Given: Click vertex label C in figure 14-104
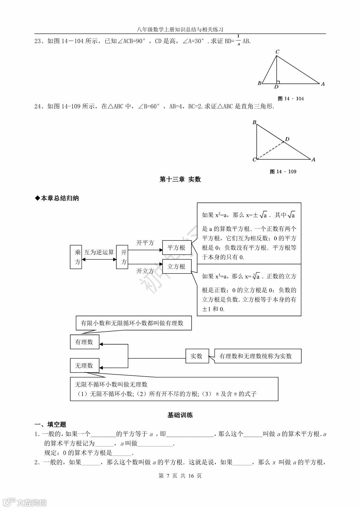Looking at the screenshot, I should (x=277, y=52).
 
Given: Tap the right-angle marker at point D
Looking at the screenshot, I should (x=278, y=82).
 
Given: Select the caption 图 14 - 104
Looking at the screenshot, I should (x=291, y=99).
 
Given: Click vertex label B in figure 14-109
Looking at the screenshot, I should (x=254, y=122).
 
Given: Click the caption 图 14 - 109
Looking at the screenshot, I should (x=283, y=172).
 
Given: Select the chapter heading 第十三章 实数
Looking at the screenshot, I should (x=180, y=179).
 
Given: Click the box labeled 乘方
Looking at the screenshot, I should (x=76, y=257).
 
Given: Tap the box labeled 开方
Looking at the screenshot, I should (x=122, y=257).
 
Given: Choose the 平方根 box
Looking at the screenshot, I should (x=176, y=248).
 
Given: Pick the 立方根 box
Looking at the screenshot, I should (x=176, y=267).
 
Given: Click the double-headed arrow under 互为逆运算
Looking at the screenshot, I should (x=99, y=260).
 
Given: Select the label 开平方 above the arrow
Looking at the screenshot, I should (x=145, y=243).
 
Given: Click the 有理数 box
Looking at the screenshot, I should (x=84, y=342).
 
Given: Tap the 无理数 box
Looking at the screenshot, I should (x=84, y=365).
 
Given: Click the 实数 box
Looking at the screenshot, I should (x=197, y=356).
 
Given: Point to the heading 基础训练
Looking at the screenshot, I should (x=180, y=415).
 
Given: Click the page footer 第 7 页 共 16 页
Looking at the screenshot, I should (x=180, y=476).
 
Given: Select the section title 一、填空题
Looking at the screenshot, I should (x=51, y=425).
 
